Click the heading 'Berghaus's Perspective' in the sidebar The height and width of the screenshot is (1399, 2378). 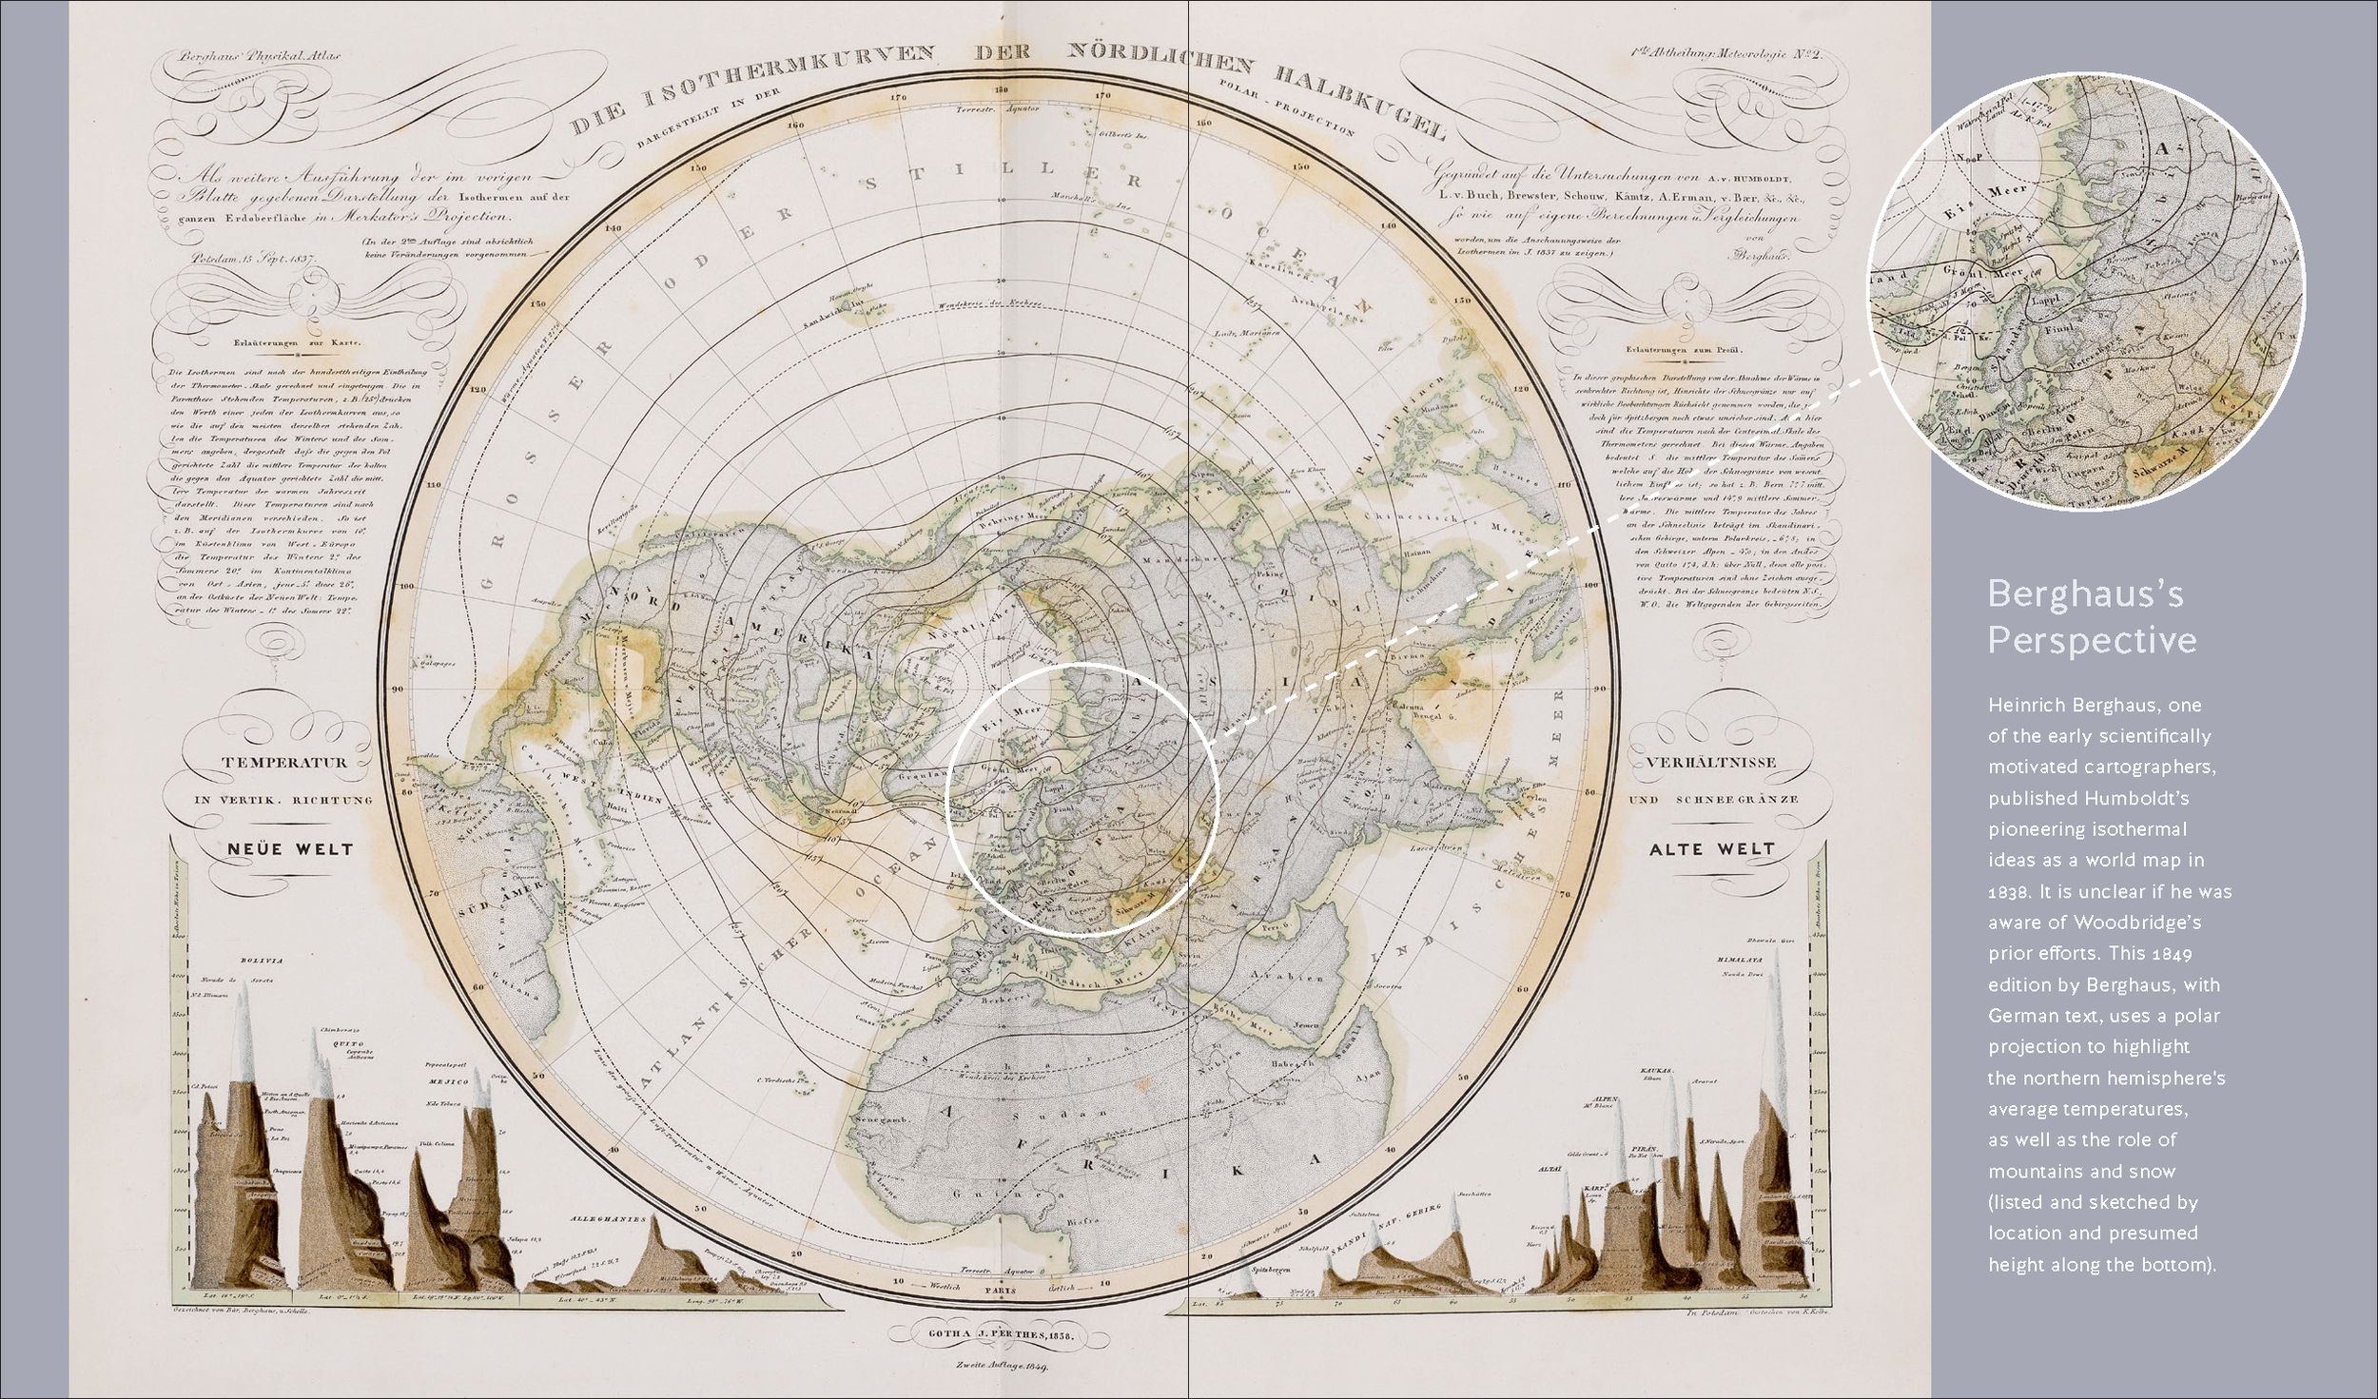pos(2092,617)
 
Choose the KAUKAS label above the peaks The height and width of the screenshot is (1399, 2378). pos(1657,1070)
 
